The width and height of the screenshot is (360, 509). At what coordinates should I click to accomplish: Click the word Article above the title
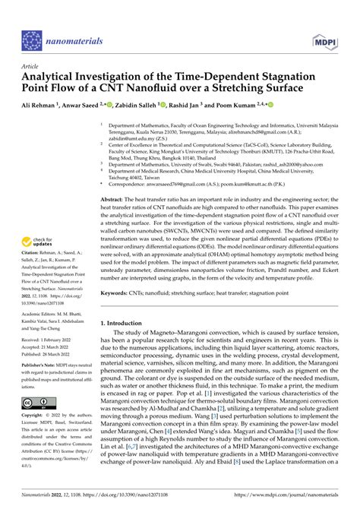tap(31, 67)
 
